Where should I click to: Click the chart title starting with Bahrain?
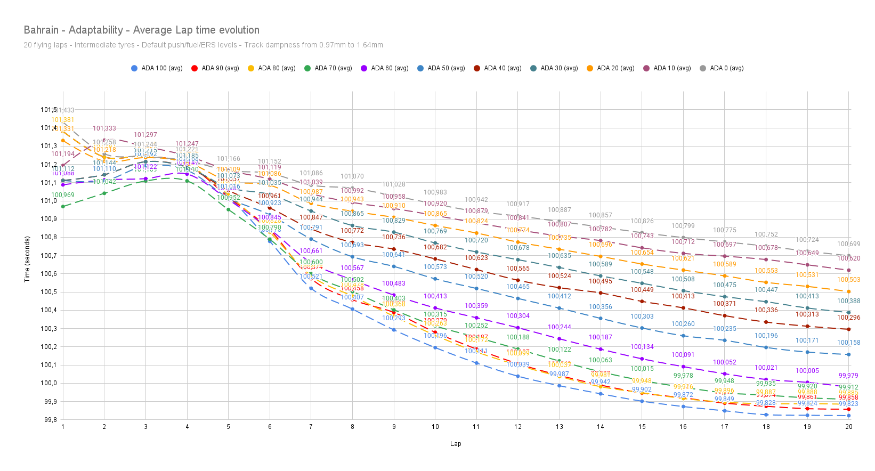coord(141,30)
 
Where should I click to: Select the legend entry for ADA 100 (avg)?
coord(161,68)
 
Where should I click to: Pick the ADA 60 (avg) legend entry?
coord(390,68)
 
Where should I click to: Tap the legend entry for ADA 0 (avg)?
coord(726,68)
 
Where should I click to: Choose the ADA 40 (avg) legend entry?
coord(503,68)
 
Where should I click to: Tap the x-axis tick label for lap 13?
coord(559,427)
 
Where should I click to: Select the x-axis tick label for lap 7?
coord(311,427)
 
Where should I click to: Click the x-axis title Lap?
coord(456,444)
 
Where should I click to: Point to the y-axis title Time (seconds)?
coord(27,258)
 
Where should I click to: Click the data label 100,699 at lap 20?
coord(848,244)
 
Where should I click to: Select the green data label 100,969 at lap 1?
coord(63,195)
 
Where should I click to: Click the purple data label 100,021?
coord(766,368)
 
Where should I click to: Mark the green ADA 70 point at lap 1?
coord(63,206)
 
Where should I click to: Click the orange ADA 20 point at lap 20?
coord(849,291)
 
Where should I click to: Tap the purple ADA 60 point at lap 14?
coord(601,349)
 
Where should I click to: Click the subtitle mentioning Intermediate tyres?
coord(203,45)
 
